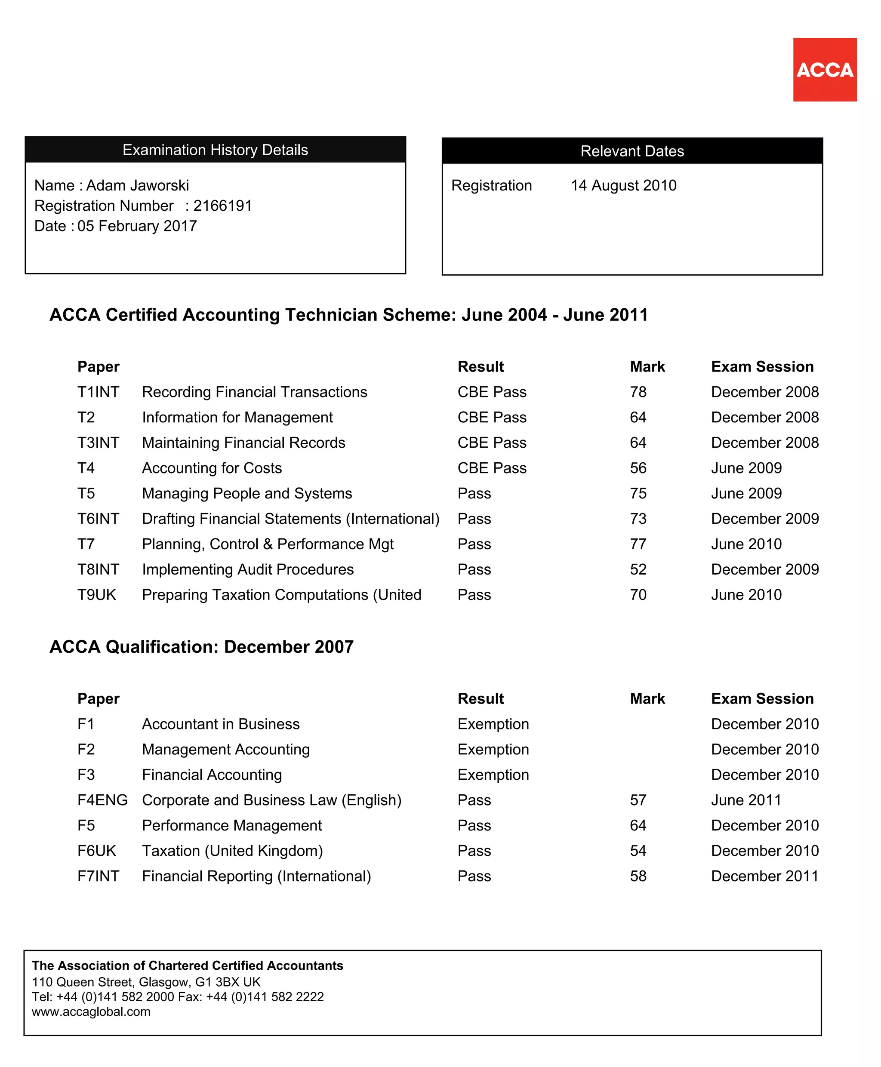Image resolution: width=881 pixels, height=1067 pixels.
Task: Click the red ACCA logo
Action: [x=824, y=70]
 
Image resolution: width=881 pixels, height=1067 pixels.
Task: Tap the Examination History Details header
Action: [x=215, y=150]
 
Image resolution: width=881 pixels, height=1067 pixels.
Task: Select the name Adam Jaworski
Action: [x=137, y=185]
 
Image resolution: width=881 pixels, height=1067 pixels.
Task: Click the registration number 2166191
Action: [x=222, y=206]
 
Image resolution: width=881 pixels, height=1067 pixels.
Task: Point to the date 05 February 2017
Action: [x=137, y=226]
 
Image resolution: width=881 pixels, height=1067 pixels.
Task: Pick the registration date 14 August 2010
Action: [x=623, y=185]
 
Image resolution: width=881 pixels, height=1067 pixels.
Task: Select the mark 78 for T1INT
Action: [x=638, y=392]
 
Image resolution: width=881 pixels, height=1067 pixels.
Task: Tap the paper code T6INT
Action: [x=98, y=519]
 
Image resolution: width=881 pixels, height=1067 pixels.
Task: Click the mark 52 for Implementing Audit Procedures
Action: [x=638, y=569]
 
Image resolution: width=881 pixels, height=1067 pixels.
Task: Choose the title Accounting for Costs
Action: [x=212, y=468]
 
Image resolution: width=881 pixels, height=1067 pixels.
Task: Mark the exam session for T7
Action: [x=746, y=544]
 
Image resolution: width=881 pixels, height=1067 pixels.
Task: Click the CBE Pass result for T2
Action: [x=492, y=417]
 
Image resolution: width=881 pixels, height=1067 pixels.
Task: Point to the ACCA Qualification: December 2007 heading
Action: [x=201, y=647]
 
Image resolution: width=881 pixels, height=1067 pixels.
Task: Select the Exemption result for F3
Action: [x=493, y=774]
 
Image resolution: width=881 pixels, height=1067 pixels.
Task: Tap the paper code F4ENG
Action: [x=102, y=799]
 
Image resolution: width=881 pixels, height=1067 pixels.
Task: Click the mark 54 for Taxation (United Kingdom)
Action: [x=638, y=850]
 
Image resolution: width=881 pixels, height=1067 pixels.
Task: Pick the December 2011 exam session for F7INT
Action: [x=764, y=876]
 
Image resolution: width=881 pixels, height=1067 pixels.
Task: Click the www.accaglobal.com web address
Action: [x=91, y=1012]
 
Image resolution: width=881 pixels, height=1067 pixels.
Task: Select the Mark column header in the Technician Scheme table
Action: [x=647, y=366]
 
